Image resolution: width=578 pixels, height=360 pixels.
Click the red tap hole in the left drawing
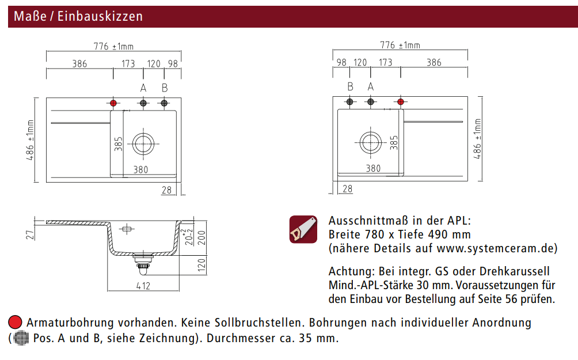(x=113, y=103)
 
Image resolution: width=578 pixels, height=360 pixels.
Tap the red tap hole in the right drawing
(x=400, y=102)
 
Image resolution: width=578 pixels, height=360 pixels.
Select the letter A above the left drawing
(x=143, y=88)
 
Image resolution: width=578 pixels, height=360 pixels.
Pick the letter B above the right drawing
(x=350, y=86)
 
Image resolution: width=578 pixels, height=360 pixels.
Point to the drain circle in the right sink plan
(x=370, y=142)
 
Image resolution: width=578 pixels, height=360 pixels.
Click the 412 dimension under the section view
(x=143, y=286)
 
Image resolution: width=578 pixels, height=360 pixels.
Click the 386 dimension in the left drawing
(x=79, y=64)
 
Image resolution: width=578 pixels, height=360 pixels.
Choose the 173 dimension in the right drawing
(x=386, y=62)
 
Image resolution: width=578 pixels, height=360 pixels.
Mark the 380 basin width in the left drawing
(x=140, y=169)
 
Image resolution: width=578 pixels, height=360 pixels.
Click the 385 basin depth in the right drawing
(x=394, y=142)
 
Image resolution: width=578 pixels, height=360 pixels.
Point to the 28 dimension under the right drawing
(x=347, y=189)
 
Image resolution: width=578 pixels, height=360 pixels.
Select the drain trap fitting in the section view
(x=142, y=263)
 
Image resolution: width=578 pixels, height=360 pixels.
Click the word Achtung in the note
(x=347, y=271)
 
